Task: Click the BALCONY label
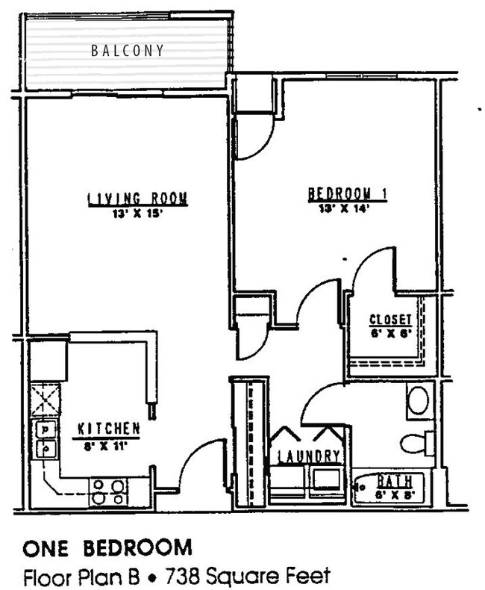[128, 51]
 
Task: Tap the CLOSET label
[391, 321]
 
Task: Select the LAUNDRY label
[310, 456]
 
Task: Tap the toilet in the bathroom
[417, 443]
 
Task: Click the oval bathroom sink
[421, 400]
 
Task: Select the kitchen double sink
[46, 439]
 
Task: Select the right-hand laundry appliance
[327, 479]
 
